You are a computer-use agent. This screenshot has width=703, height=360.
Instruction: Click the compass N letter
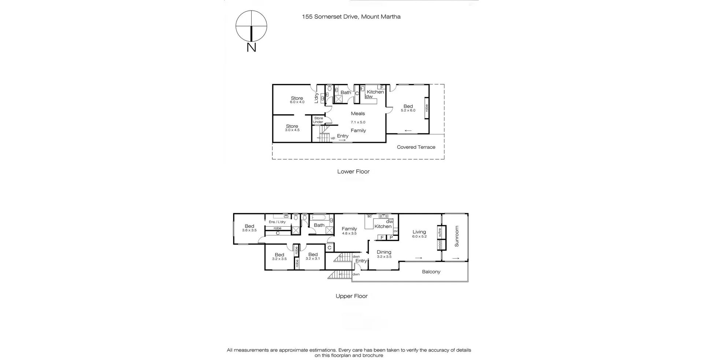click(x=251, y=47)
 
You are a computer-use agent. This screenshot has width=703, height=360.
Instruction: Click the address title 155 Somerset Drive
click(x=351, y=16)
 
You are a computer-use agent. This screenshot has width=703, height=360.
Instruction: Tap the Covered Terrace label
click(x=416, y=147)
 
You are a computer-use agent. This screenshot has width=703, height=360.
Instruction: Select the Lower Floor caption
click(x=353, y=171)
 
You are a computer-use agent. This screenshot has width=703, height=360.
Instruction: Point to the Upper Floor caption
click(x=351, y=296)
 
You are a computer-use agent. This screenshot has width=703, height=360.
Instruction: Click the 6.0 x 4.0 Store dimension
click(x=297, y=102)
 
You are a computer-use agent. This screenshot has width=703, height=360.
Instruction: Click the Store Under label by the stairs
click(x=318, y=120)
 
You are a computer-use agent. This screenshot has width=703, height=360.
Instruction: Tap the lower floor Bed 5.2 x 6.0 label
click(x=408, y=108)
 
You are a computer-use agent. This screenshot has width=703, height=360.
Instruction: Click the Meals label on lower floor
click(x=358, y=114)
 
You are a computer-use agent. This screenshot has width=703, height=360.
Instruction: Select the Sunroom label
click(x=457, y=236)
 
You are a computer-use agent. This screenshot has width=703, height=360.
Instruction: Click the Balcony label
click(x=431, y=272)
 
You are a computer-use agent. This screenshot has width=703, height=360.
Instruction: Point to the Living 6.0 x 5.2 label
click(x=419, y=234)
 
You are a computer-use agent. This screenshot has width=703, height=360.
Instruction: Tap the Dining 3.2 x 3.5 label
click(x=384, y=254)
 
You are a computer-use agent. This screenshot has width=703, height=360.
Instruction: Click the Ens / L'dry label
click(x=277, y=222)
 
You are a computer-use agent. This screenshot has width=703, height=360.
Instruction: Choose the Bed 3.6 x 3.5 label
click(x=249, y=228)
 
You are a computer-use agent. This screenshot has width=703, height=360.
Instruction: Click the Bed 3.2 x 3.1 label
click(x=313, y=256)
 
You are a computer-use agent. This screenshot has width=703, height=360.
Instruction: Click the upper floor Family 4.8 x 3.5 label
click(x=349, y=231)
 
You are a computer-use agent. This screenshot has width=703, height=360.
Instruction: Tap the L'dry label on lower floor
click(x=316, y=98)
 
